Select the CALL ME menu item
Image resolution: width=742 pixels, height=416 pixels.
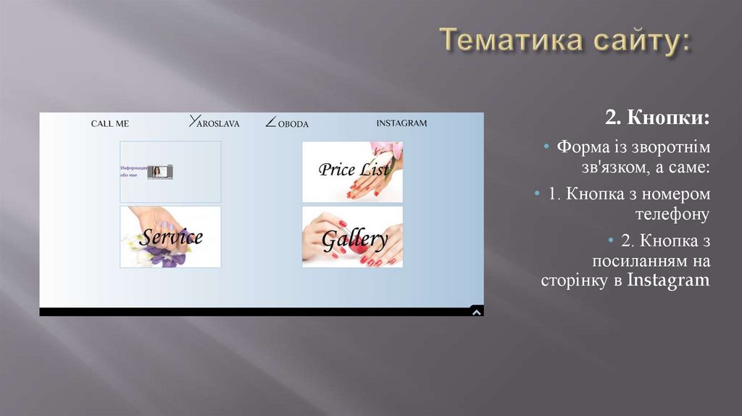[110, 123]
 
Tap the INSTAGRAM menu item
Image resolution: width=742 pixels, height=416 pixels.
[401, 123]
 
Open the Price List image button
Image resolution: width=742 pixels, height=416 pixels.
[352, 171]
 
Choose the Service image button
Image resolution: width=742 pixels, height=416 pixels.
[170, 236]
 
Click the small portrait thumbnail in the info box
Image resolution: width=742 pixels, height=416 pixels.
[159, 172]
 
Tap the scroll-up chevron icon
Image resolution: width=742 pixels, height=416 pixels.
[476, 312]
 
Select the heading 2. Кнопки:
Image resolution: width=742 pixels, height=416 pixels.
[658, 118]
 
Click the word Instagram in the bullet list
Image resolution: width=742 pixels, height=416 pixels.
[669, 280]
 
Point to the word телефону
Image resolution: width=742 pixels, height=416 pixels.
[672, 215]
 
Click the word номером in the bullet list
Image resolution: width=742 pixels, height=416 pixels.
[678, 194]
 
